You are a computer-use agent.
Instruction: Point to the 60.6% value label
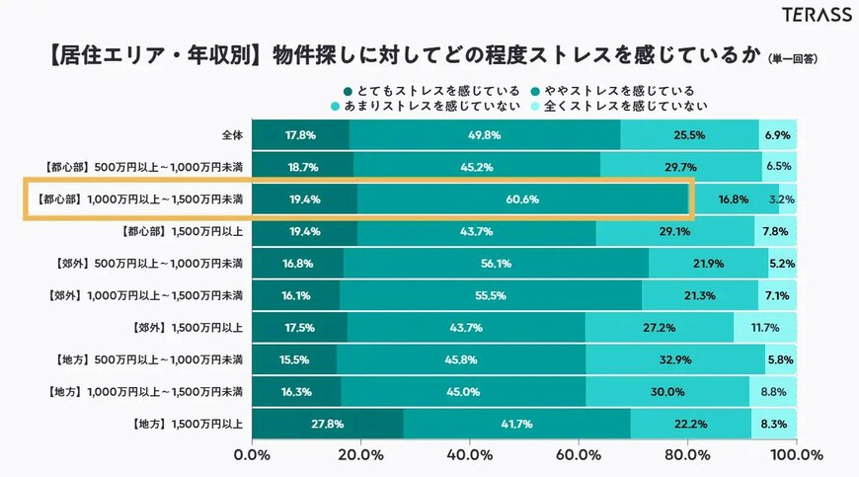click(522, 199)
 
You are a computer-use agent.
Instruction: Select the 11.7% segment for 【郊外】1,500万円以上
click(764, 328)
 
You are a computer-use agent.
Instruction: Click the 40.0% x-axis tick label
click(470, 456)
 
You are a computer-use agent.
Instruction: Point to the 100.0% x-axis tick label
click(796, 456)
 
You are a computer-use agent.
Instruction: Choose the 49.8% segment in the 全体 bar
click(484, 135)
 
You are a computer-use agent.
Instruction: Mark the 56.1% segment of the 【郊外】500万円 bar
click(496, 264)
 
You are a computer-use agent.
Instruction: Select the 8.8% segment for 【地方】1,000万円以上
click(773, 392)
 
